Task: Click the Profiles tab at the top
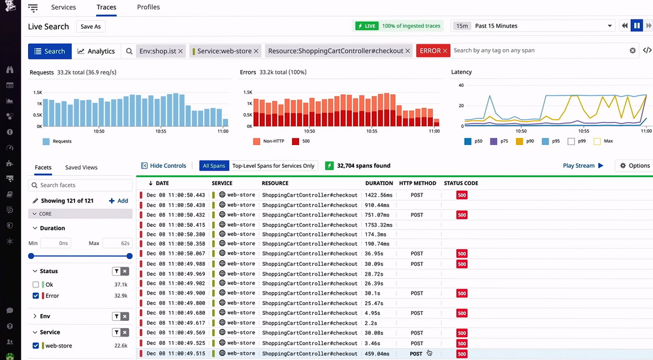click(148, 7)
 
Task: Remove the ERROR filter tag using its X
click(445, 51)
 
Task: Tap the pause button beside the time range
click(637, 26)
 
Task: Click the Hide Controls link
click(164, 166)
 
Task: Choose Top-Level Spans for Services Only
click(273, 166)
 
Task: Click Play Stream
click(583, 166)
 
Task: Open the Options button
click(634, 166)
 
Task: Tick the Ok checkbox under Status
click(36, 285)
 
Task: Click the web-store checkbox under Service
click(36, 346)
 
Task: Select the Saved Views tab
click(81, 167)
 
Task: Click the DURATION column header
click(379, 183)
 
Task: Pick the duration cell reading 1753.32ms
click(379, 224)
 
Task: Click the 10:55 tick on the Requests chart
click(161, 131)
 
